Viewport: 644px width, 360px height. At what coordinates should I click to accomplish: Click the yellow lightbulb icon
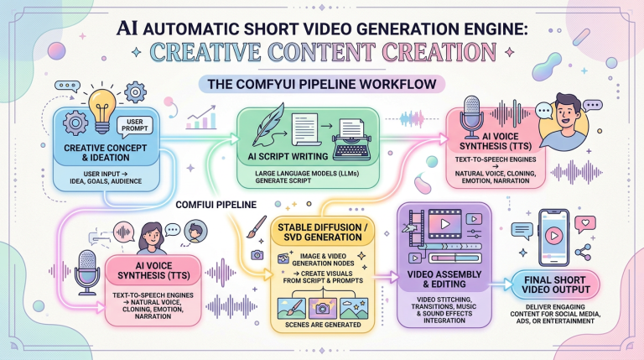102,111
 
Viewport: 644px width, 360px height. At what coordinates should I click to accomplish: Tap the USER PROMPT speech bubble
135,125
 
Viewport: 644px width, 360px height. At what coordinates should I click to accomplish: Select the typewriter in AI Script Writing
352,140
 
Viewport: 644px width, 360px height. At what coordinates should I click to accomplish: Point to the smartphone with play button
553,237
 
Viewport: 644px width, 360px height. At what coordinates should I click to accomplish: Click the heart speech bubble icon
585,224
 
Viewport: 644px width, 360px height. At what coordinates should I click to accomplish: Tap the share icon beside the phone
583,252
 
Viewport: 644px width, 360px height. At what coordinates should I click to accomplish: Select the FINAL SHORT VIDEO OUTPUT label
555,284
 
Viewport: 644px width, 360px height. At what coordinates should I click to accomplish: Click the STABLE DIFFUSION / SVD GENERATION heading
322,232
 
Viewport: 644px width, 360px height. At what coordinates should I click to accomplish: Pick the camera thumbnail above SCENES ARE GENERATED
322,309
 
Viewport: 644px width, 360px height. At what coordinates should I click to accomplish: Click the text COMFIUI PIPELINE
216,205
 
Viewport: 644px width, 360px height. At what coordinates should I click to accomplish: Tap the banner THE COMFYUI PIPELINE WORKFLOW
322,84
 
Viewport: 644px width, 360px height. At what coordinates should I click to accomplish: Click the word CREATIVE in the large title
205,52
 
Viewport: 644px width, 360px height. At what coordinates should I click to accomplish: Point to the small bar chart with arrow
201,117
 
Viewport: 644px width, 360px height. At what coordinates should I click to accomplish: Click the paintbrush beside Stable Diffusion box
257,227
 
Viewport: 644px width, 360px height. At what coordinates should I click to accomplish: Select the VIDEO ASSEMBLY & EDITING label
444,279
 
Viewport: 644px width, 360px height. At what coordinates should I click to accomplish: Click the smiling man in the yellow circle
564,122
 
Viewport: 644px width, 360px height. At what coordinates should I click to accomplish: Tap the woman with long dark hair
152,238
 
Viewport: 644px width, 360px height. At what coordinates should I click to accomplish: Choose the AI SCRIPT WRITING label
288,156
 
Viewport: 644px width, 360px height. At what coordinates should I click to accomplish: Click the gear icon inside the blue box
75,123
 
